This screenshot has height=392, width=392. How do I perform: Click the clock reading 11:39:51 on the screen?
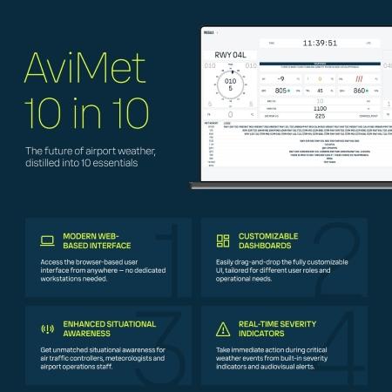(320, 42)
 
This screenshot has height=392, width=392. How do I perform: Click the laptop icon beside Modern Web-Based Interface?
(47, 240)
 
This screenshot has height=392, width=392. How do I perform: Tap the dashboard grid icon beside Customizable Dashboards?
(222, 240)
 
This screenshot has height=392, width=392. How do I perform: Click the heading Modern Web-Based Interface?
(98, 241)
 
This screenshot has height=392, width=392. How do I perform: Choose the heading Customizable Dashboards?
(268, 241)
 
